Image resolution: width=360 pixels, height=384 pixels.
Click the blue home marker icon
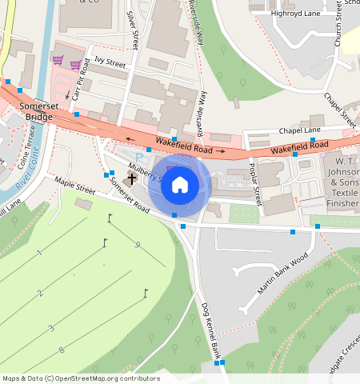[x=180, y=185]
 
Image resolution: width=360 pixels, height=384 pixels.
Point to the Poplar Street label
[x=255, y=182]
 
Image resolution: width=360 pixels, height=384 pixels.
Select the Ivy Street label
[x=110, y=61]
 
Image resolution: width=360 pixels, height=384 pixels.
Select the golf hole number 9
[x=138, y=244]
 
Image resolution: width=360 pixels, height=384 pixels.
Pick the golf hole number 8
[x=62, y=350]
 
